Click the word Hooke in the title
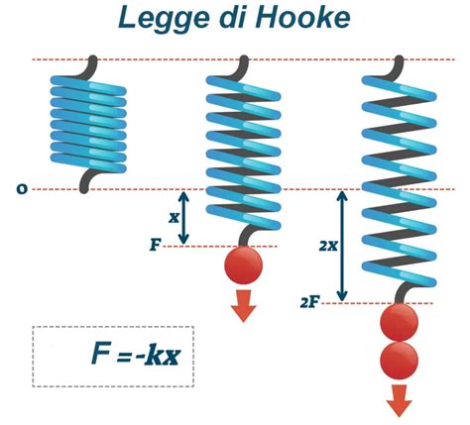coord(302,17)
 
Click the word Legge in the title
coord(164,19)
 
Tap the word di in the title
coord(232,17)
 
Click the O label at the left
coord(22,189)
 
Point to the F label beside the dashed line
coord(156,245)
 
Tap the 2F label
coord(309,302)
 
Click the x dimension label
coord(174,218)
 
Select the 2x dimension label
coord(328,246)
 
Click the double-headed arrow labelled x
coord(183,218)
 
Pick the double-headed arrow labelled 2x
coord(343,247)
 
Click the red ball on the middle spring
coord(244,265)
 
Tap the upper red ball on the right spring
coord(400,322)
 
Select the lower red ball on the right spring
coord(400,361)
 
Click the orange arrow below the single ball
coord(244,305)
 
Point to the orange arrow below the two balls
coord(400,400)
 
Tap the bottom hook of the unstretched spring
coord(87,180)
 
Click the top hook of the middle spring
coord(243,68)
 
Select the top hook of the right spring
coord(399,68)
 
